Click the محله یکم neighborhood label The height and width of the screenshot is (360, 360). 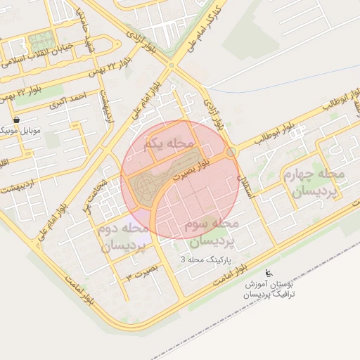point(167,143)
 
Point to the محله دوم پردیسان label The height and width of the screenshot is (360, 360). point(124,238)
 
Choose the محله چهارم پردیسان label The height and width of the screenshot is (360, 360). point(313,182)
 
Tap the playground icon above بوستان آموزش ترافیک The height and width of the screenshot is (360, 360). point(267,273)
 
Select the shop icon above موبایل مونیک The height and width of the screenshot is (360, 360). point(16,120)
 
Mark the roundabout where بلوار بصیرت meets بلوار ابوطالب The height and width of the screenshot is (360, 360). point(231,153)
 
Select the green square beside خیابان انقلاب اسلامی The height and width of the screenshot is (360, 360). point(41,41)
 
